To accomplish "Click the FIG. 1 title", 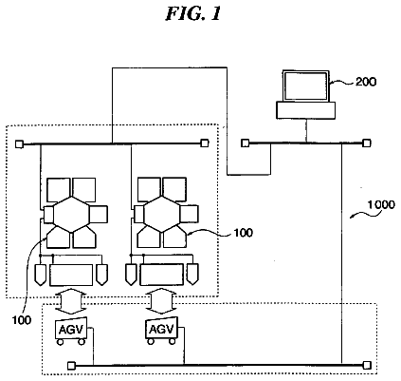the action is [x=193, y=14].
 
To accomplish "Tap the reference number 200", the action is [x=366, y=82].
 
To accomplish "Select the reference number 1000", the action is [x=381, y=204].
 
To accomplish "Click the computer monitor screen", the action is [x=305, y=86].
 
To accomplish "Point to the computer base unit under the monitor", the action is [x=305, y=110].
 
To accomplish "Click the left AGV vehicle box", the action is [x=71, y=329].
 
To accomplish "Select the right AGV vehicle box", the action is [x=161, y=329].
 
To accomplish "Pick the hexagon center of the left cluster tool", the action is [x=71, y=215].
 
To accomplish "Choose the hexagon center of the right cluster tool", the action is [x=162, y=215].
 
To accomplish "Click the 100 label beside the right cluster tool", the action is [x=244, y=233].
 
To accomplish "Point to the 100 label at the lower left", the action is [x=22, y=320].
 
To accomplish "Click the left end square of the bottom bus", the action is [x=71, y=366].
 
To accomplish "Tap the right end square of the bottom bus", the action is [x=367, y=366].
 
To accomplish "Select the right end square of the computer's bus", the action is [x=367, y=143].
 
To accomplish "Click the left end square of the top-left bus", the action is [x=19, y=144].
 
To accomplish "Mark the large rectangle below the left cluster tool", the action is [x=71, y=275].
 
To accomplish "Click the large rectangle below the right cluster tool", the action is [x=162, y=275].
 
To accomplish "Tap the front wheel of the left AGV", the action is [x=60, y=342].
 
